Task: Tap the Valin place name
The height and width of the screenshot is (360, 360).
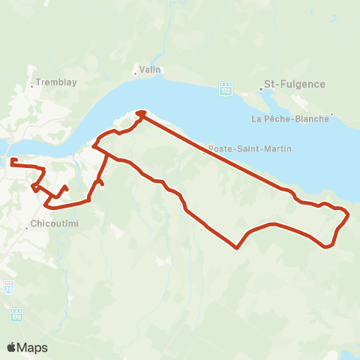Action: [150, 70]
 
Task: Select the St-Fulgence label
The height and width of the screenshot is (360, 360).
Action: [295, 85]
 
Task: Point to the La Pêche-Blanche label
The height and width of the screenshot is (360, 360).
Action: [290, 118]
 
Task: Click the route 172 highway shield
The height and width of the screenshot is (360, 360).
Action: [225, 88]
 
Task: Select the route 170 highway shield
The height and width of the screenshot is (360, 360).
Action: [16, 315]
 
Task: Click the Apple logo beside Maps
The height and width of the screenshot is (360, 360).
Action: [12, 347]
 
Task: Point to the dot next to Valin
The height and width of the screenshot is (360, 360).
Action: [135, 73]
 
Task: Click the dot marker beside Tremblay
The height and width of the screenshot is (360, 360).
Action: [31, 87]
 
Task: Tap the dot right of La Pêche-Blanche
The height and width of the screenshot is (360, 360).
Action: [332, 115]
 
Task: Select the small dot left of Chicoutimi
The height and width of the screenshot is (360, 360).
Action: [27, 229]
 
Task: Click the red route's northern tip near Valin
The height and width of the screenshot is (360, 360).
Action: [139, 113]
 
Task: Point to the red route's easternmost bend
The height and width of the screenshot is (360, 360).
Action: [349, 214]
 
